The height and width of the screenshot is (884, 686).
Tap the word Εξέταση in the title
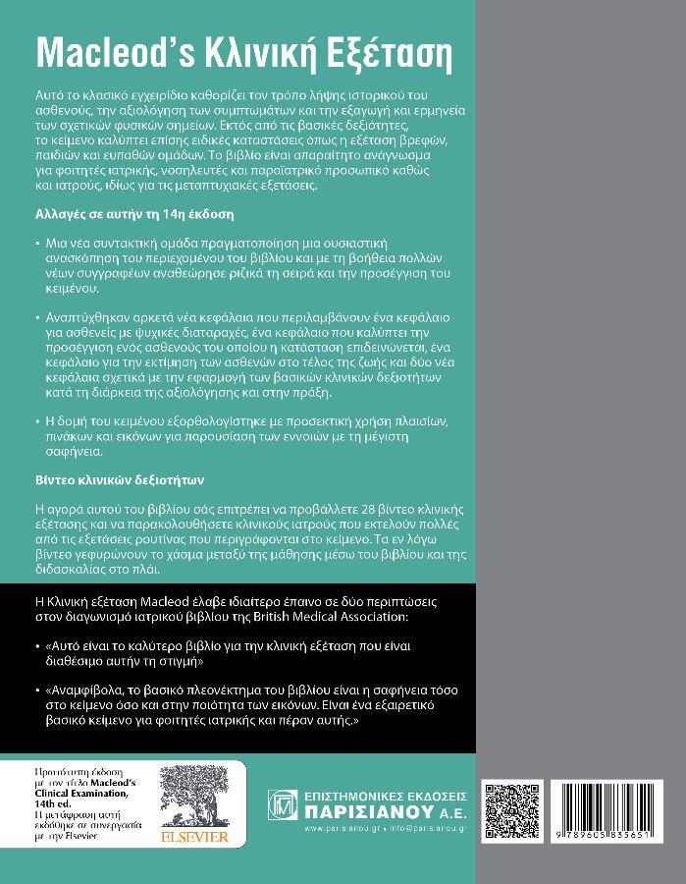362,52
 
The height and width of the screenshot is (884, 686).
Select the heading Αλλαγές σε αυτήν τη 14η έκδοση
121,213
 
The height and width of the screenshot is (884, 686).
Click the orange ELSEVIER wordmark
195,836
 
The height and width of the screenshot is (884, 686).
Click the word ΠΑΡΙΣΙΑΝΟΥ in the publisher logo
366,811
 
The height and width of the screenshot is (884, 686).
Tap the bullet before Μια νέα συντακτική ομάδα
36,242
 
